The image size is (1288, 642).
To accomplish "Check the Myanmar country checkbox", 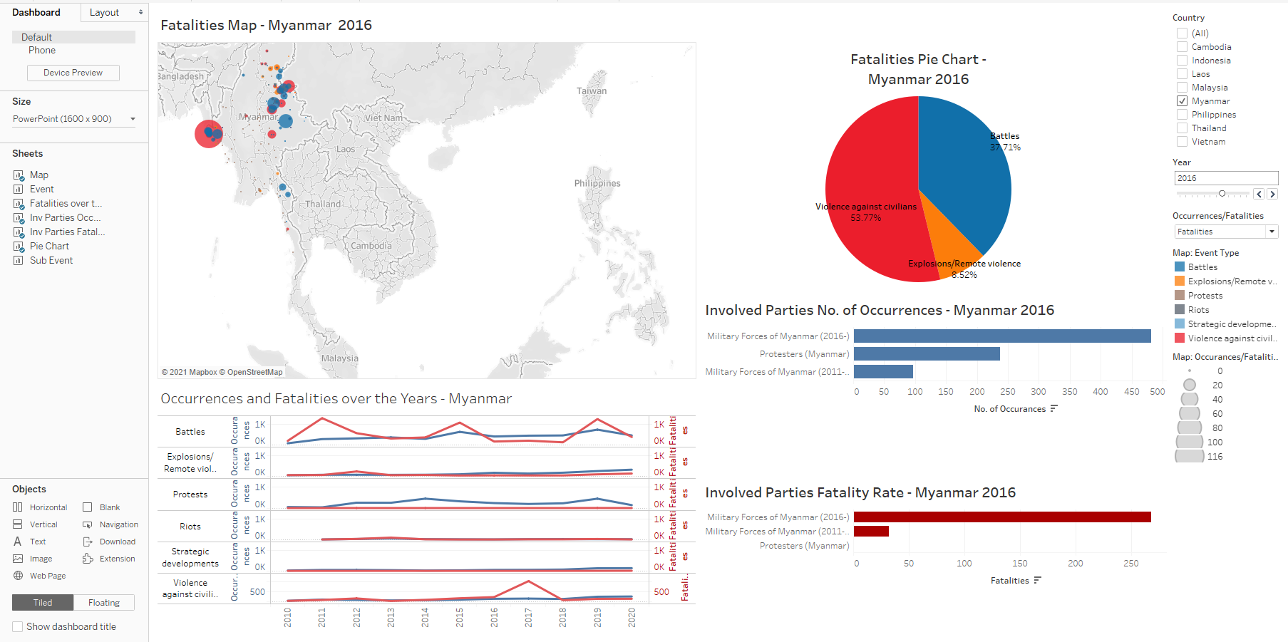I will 1182,101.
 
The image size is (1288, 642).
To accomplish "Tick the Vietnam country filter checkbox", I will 1182,142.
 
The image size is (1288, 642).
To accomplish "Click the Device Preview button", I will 73,73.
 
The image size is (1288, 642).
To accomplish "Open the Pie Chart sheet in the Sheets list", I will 49,247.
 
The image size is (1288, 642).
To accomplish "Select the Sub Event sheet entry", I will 51,261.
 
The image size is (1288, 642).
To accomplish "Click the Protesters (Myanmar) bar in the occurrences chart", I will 927,354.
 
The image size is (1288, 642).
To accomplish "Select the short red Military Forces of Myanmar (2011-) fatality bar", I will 871,532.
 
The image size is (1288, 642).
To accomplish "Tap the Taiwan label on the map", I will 592,91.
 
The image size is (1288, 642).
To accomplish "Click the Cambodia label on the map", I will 371,246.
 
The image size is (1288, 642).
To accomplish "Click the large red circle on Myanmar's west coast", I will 207,134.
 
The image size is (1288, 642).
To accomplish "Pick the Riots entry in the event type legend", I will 1198,310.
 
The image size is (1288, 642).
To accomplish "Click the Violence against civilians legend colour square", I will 1180,338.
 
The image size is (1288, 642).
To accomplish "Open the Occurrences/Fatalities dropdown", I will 1272,232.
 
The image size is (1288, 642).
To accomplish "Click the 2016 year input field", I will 1225,178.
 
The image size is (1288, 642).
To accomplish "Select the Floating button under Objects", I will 103,603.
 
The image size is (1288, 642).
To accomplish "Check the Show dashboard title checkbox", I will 18,627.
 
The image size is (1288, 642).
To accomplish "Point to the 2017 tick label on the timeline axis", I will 528,617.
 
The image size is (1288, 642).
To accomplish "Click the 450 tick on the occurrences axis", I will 1131,392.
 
